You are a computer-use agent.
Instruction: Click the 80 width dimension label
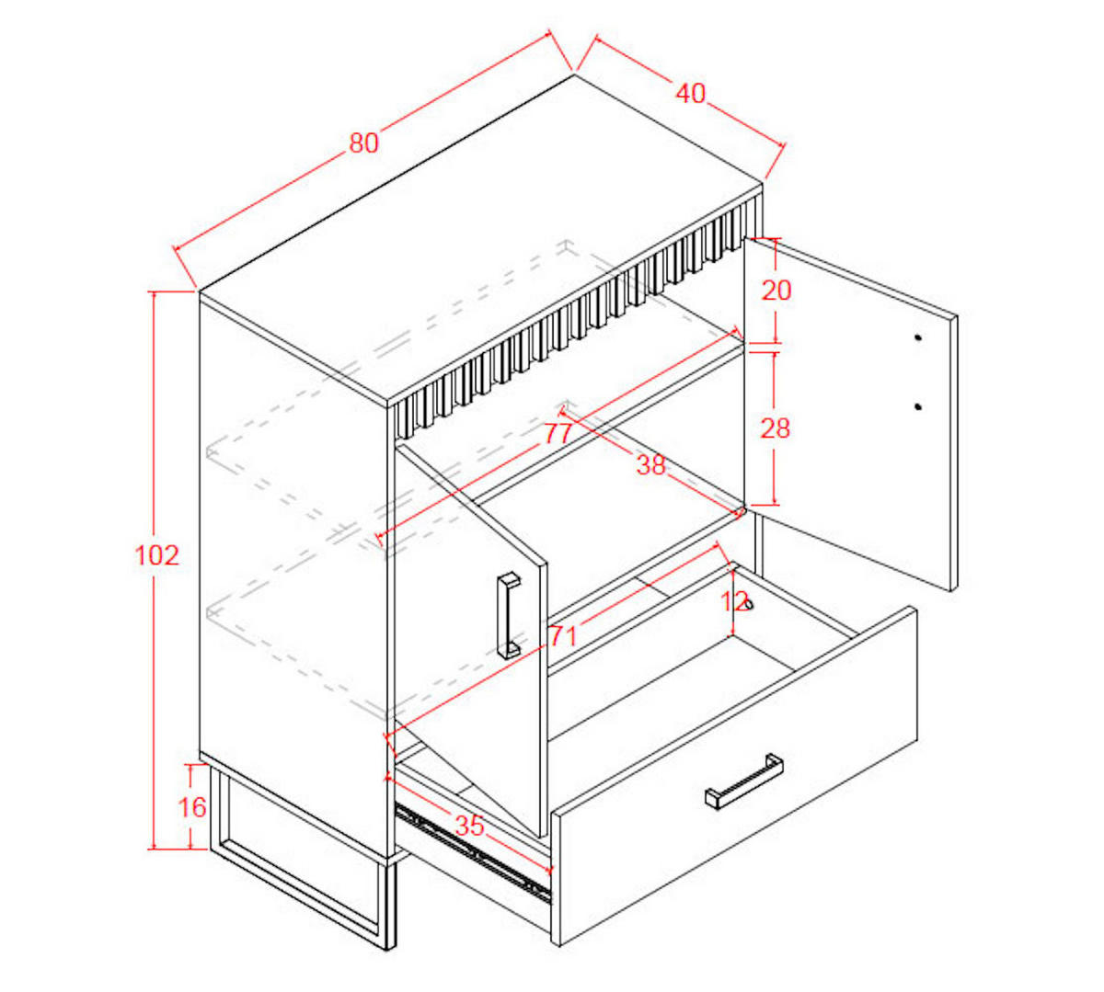[x=363, y=143]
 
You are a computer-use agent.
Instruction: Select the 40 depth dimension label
[x=691, y=94]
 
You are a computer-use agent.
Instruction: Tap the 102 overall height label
[x=156, y=555]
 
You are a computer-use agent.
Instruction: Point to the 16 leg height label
[x=192, y=807]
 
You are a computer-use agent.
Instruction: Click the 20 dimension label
[x=776, y=290]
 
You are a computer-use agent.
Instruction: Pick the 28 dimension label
[x=775, y=428]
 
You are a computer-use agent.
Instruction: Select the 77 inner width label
[x=558, y=434]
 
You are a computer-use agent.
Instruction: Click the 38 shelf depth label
[x=651, y=465]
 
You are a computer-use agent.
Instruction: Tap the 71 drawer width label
[x=563, y=636]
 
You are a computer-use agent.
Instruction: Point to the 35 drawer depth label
[x=469, y=826]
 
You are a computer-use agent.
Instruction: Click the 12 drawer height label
[x=735, y=601]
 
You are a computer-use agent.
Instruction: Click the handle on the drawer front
[x=744, y=781]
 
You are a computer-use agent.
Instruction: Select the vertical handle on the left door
[x=509, y=616]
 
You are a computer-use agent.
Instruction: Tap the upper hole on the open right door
[x=917, y=337]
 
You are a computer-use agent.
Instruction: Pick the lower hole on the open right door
[x=917, y=406]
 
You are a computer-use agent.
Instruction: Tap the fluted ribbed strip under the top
[x=575, y=312]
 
